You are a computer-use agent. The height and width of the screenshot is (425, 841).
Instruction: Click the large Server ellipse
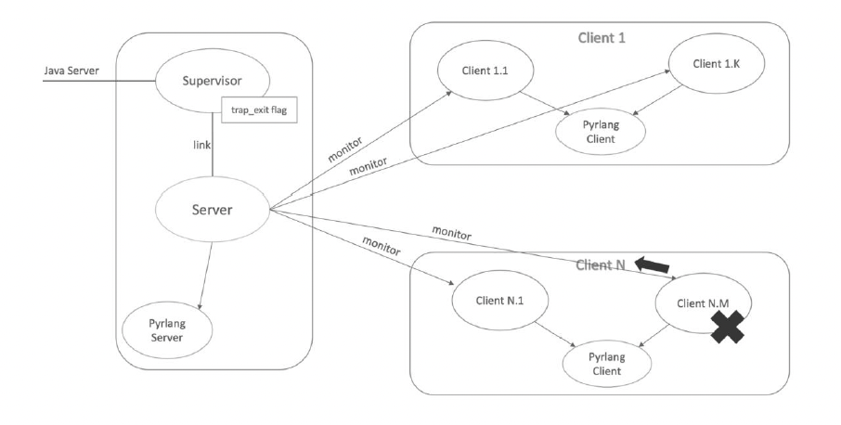coord(212,209)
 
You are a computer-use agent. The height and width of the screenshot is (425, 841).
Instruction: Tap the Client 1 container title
coord(599,36)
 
